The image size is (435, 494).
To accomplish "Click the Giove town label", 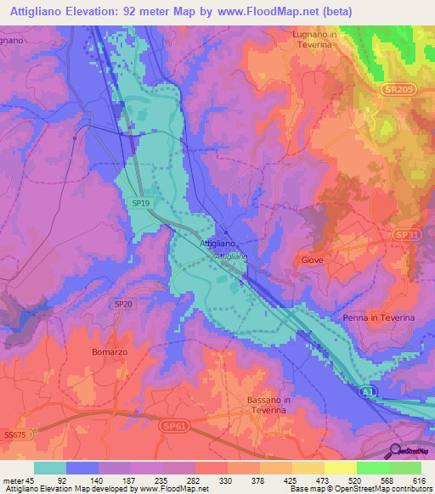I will [312, 261].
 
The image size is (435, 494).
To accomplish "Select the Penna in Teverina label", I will [377, 317].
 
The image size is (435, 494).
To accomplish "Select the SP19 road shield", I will [142, 204].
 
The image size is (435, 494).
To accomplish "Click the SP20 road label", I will [123, 303].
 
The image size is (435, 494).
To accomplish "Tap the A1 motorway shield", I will [366, 391].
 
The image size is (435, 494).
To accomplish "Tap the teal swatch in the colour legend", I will [50, 468].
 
